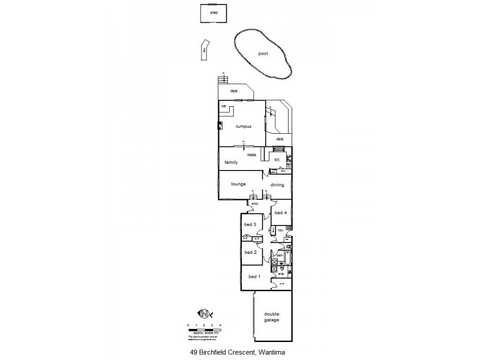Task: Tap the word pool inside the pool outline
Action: click(262, 53)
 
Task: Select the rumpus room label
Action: click(242, 127)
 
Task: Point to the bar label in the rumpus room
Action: click(223, 107)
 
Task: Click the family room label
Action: click(232, 163)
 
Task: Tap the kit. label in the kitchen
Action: click(278, 160)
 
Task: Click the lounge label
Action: click(239, 184)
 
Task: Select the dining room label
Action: click(277, 185)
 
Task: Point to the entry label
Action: click(254, 204)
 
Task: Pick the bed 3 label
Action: click(250, 225)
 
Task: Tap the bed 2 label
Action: click(250, 252)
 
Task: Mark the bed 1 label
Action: click(254, 277)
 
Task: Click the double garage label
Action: click(272, 317)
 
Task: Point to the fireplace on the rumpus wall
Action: click(220, 126)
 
